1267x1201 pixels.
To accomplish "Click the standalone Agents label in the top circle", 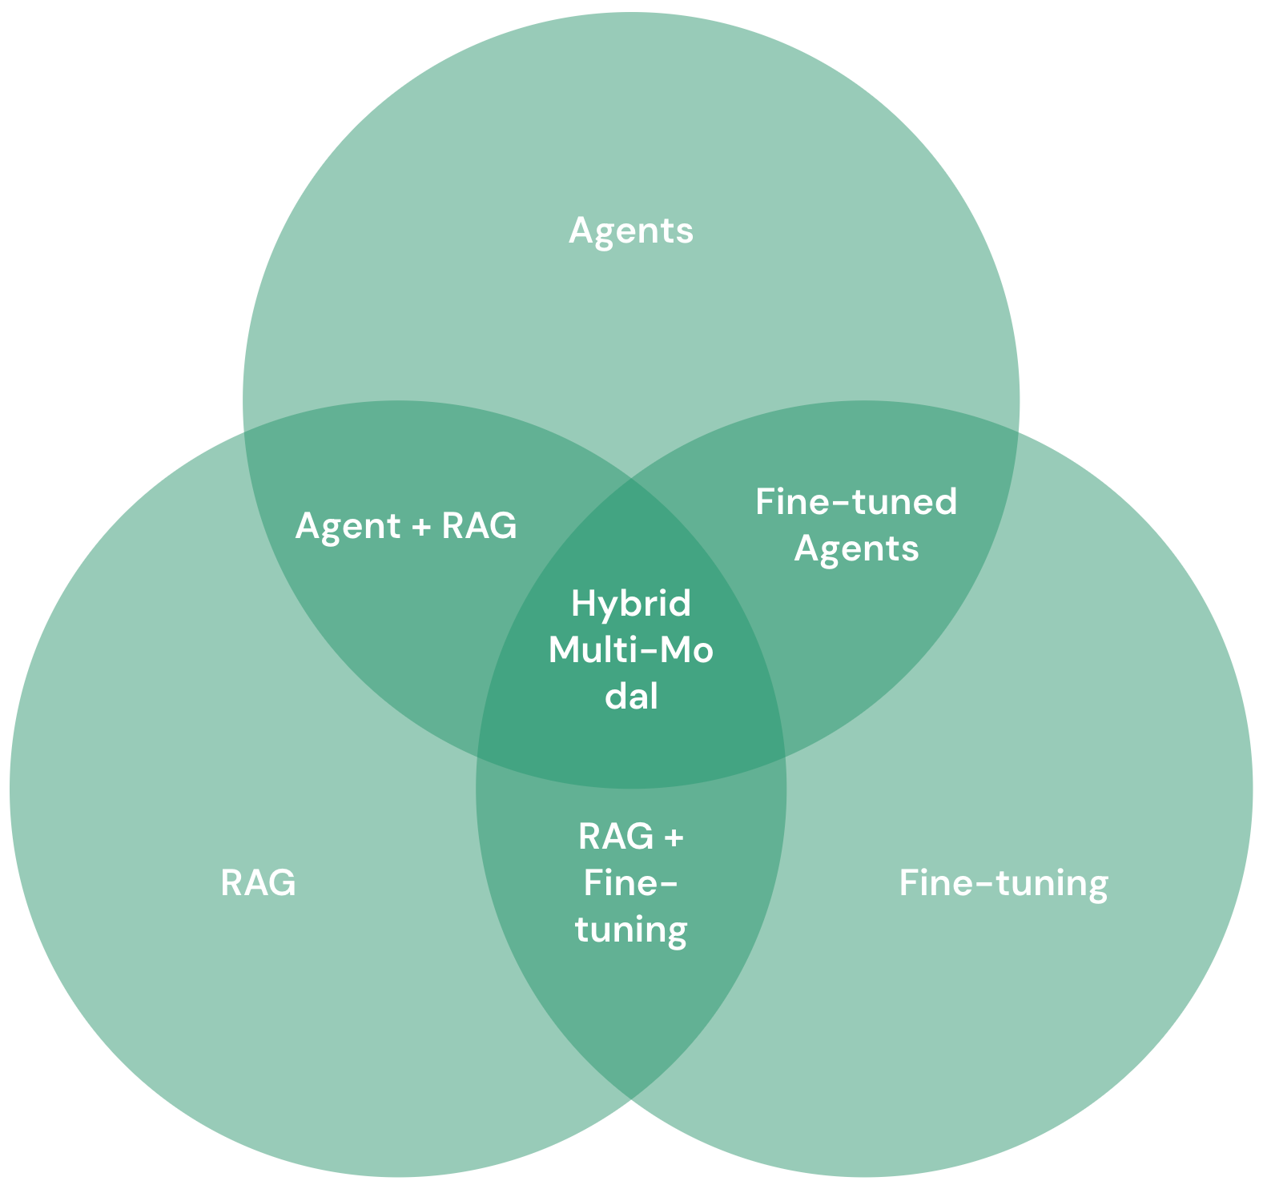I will pos(631,231).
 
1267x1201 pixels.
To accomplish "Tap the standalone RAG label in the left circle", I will pos(258,883).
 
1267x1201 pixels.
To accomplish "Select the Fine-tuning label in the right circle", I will pos(1004,883).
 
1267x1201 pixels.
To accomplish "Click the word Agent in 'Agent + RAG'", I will pos(348,527).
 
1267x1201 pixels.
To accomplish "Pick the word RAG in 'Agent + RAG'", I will pos(480,527).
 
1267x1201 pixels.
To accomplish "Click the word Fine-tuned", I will pos(856,502).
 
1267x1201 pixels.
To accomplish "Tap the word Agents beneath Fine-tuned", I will pos(856,549).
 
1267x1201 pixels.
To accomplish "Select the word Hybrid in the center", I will pos(631,604).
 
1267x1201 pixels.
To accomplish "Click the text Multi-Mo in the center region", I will pos(631,650).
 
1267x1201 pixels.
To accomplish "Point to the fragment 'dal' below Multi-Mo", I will pos(631,697).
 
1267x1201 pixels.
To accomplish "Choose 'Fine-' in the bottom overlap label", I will pos(631,884).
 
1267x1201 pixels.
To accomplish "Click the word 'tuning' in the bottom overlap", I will pos(631,930).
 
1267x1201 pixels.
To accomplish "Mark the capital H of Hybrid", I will pos(581,604).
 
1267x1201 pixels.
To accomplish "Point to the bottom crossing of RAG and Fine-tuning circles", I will pos(631,1098).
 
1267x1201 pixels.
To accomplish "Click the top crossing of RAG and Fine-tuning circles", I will pos(631,479).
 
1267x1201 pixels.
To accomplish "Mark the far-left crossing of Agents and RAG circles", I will pos(244,431).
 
